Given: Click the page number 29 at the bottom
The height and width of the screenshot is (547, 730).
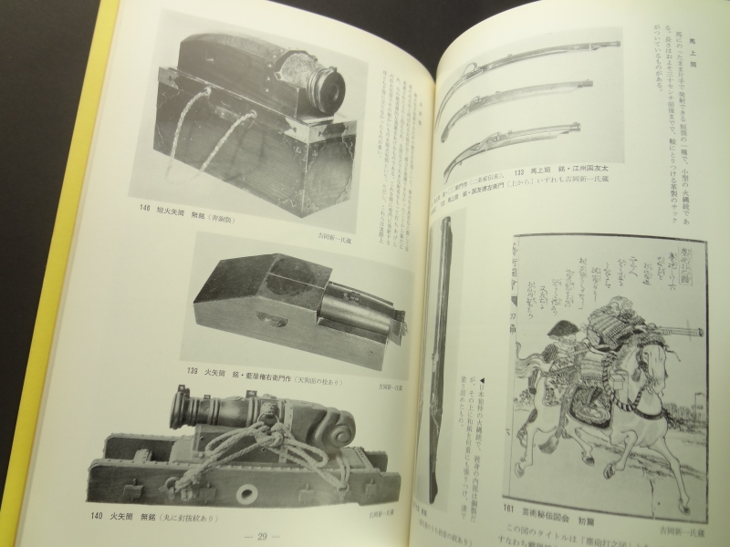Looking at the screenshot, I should pyautogui.click(x=268, y=533).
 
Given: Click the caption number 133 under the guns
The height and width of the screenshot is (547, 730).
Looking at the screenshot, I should pyautogui.click(x=523, y=170).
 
